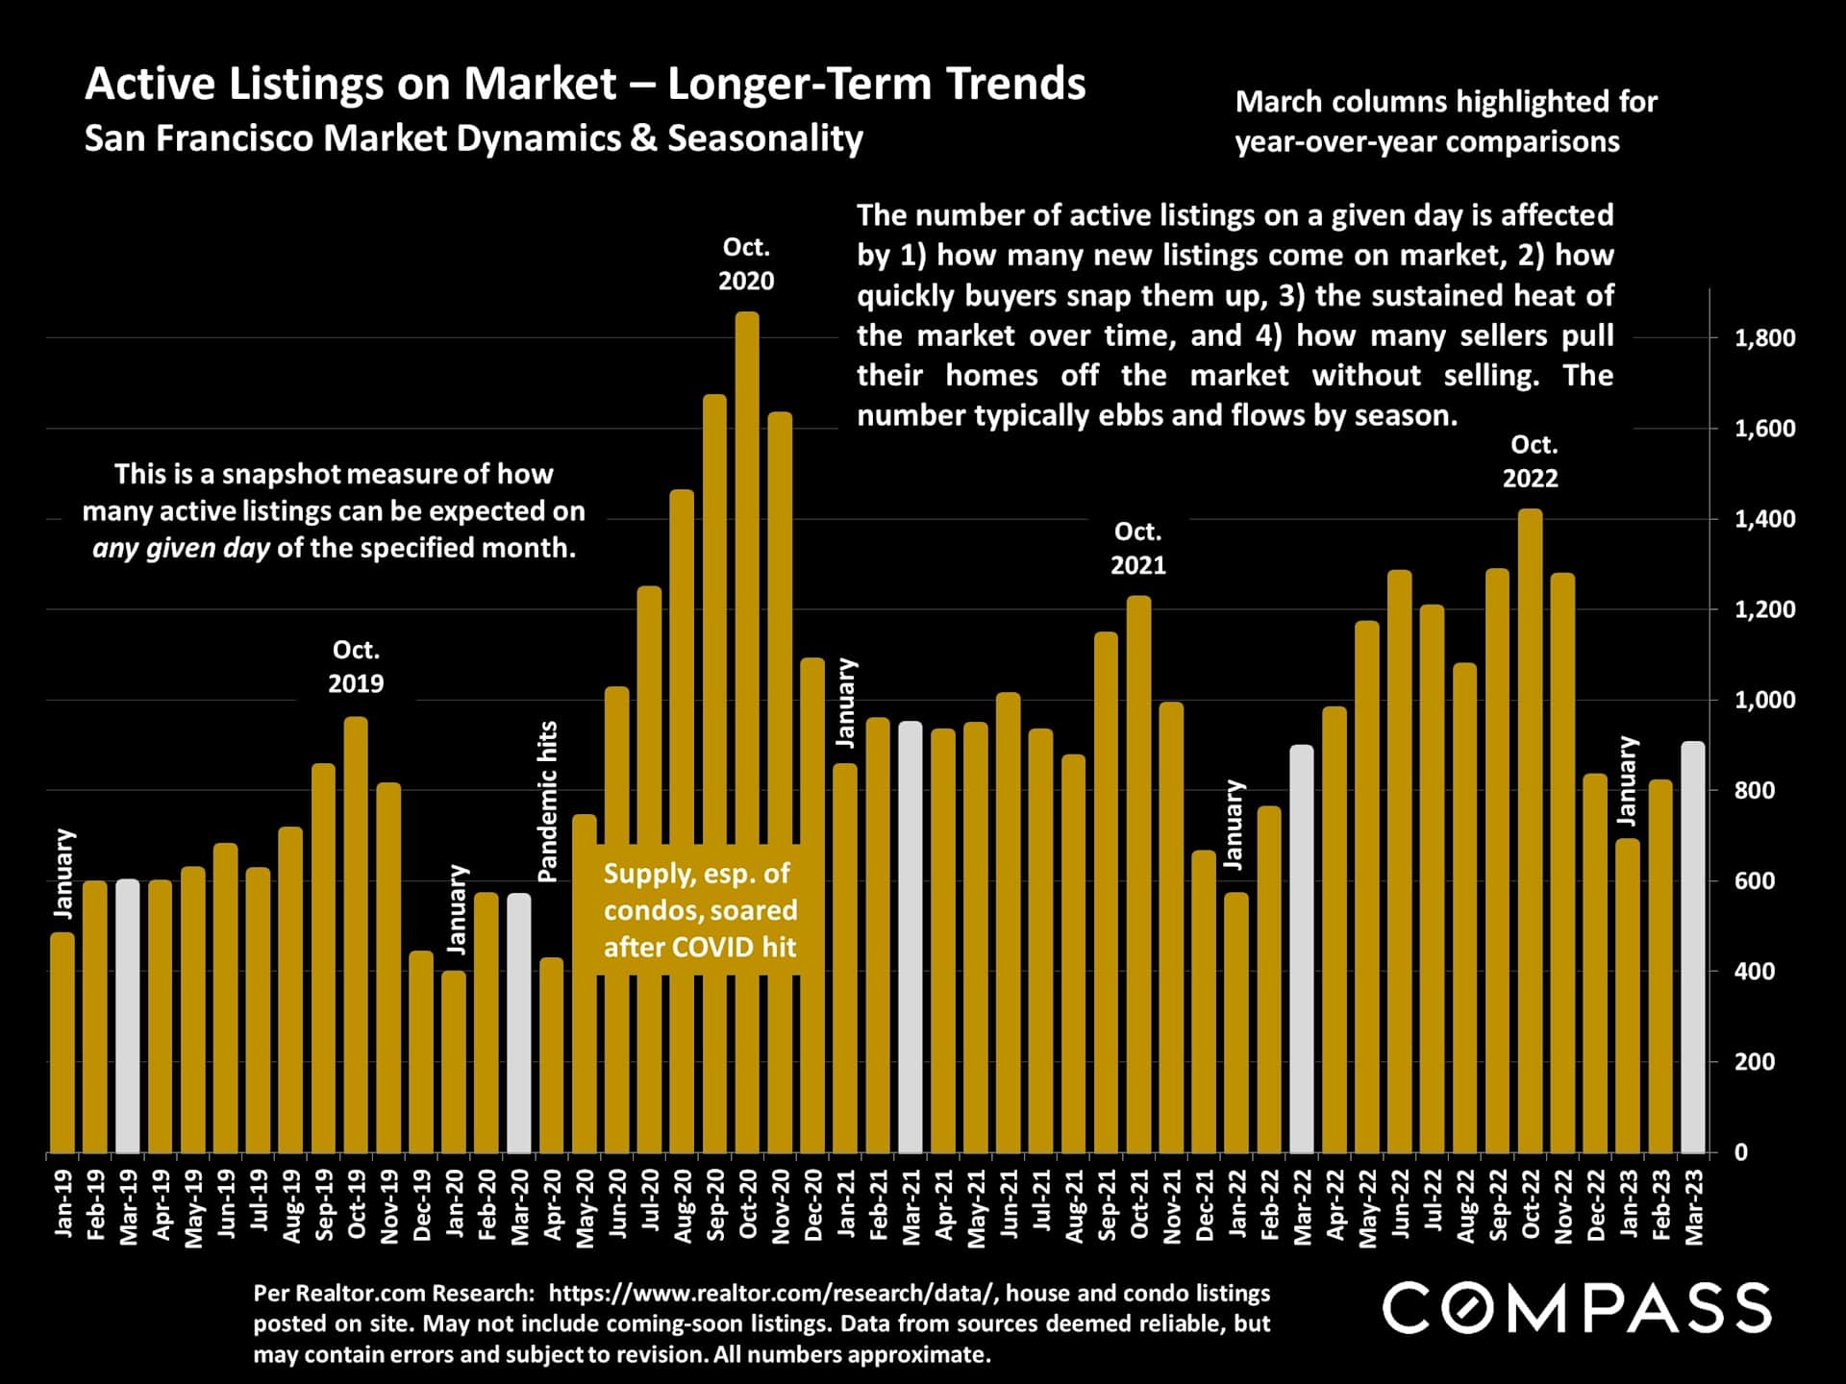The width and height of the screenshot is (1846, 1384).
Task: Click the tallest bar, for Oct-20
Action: [747, 730]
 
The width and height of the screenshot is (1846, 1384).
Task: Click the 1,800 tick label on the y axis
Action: [1764, 338]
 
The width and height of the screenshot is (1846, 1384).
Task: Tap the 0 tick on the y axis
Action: [1740, 1152]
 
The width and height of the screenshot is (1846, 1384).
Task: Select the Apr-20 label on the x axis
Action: [552, 1207]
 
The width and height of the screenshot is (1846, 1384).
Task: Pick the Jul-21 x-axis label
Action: [1041, 1206]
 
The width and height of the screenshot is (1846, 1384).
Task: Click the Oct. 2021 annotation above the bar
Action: [1138, 549]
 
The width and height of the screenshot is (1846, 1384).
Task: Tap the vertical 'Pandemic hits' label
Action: [548, 801]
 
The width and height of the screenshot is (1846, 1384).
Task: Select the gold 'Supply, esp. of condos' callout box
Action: [700, 910]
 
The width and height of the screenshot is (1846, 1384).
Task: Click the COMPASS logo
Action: [1577, 1308]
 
